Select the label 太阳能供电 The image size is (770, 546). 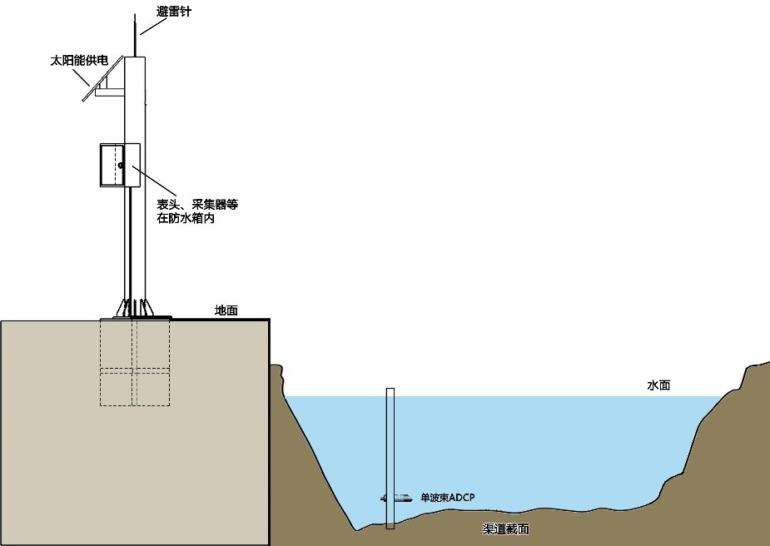pos(79,61)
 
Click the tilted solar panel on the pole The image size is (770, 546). pos(103,79)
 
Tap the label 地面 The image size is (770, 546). pos(226,310)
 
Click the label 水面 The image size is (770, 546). pos(658,385)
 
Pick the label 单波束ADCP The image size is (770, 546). pos(447,498)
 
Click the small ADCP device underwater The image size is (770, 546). pos(397,499)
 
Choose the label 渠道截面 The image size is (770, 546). pos(505,529)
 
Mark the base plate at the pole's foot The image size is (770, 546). pos(135,317)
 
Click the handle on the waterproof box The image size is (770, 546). pos(121,165)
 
